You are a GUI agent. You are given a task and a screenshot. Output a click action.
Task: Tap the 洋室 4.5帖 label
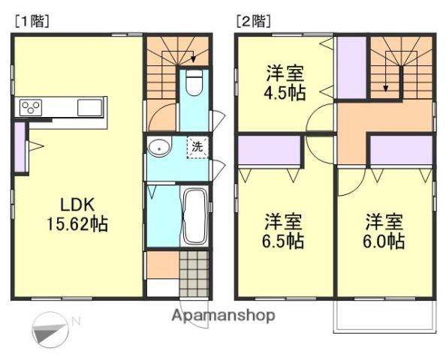tap(284, 83)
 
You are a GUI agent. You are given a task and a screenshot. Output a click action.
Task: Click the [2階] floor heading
tap(253, 22)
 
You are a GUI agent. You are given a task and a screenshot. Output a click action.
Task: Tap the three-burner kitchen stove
tap(32, 107)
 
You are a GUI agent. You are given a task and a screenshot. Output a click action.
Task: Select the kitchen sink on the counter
tap(90, 107)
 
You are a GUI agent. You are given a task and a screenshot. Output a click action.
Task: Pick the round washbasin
tap(159, 148)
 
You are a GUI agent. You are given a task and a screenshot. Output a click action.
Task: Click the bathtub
tap(194, 215)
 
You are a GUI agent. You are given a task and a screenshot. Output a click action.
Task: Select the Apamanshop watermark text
tap(224, 315)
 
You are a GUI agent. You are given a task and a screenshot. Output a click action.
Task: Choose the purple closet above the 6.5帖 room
tap(269, 151)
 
